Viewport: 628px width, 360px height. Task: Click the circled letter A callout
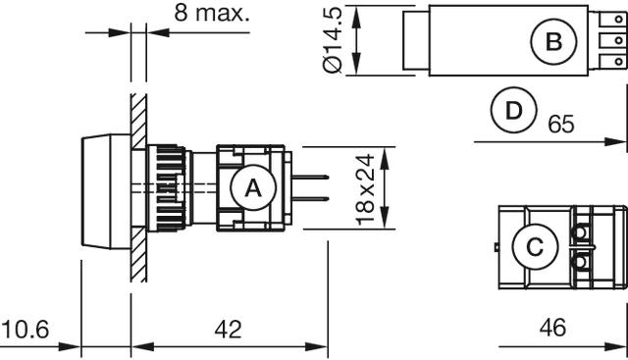pos(253,187)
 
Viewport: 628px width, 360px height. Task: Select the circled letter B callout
pos(553,41)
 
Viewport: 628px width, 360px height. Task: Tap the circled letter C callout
pos(535,246)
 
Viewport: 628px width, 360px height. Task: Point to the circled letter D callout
pos(513,110)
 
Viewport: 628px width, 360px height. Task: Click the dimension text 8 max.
pos(212,13)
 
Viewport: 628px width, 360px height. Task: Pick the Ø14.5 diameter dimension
pos(333,40)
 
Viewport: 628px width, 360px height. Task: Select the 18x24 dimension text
pos(365,189)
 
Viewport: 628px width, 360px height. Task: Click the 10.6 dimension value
pos(26,330)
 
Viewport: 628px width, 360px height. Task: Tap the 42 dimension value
pos(228,330)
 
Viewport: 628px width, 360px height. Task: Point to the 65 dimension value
pos(561,124)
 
